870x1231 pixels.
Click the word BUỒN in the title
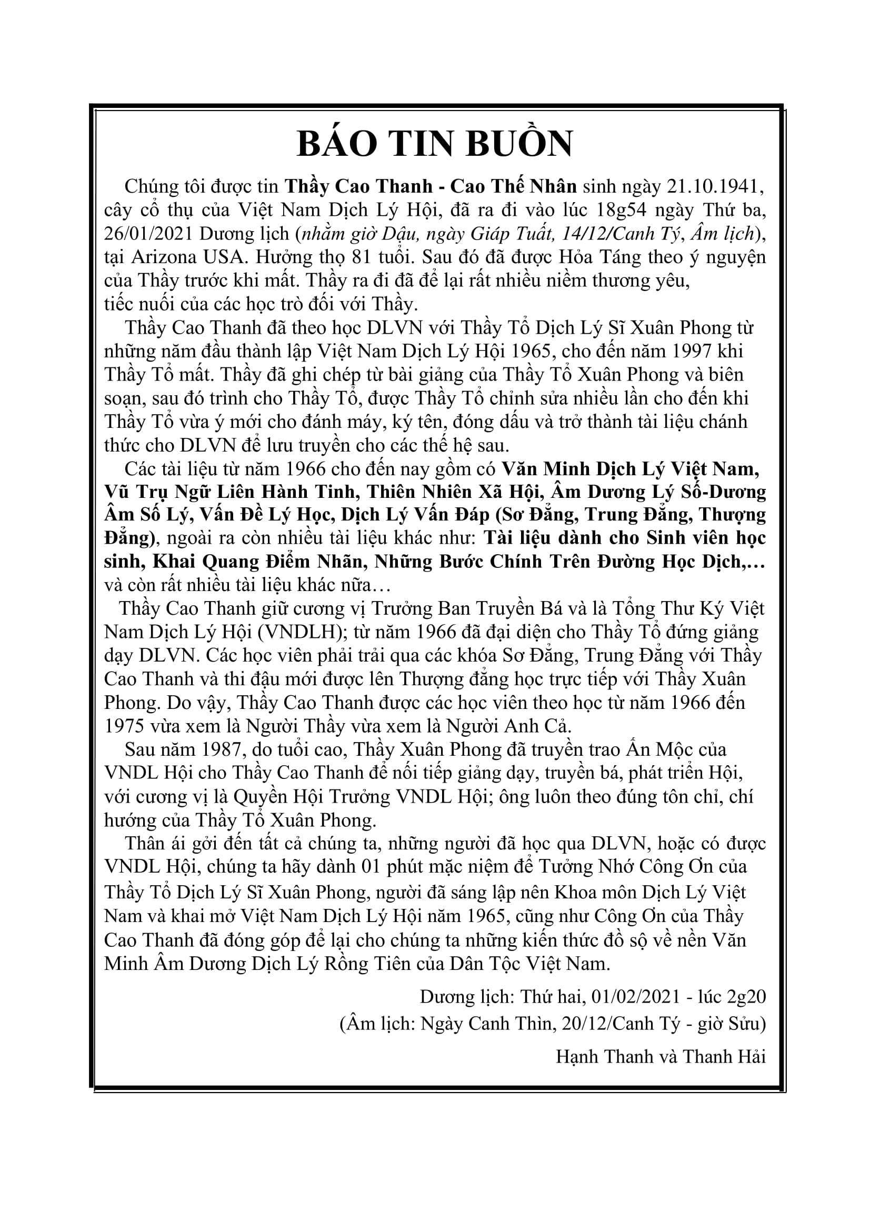coord(518,144)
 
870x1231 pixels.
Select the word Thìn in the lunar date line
coord(534,1024)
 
